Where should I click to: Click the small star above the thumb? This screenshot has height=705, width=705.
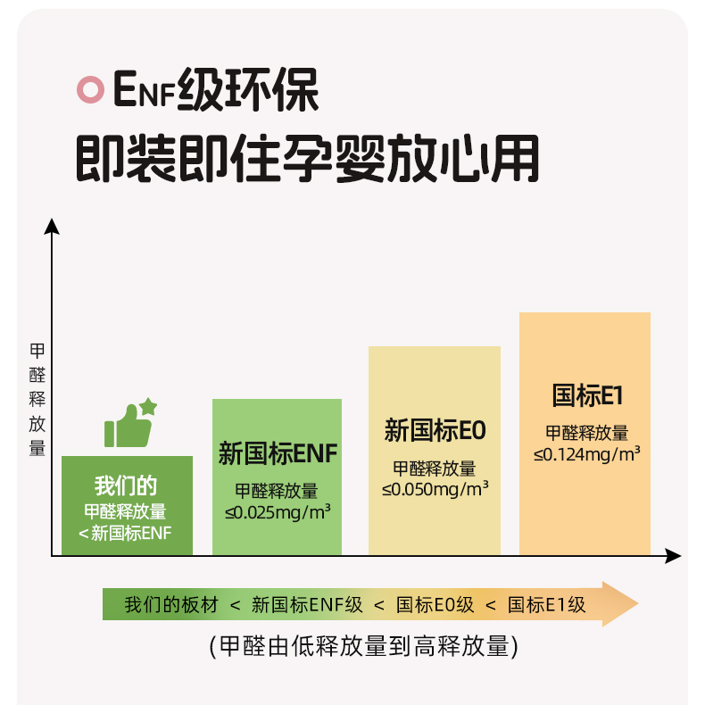tap(148, 407)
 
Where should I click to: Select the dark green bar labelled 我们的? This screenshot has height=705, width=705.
tap(127, 506)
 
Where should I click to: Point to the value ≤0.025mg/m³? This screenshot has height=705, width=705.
tap(278, 511)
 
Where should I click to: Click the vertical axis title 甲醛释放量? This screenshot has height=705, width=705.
tap(37, 399)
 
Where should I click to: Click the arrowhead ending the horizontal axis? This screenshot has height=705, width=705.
tap(674, 557)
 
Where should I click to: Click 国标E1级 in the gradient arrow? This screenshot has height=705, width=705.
tap(546, 604)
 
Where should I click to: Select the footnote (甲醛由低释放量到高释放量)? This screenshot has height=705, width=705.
tap(364, 647)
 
